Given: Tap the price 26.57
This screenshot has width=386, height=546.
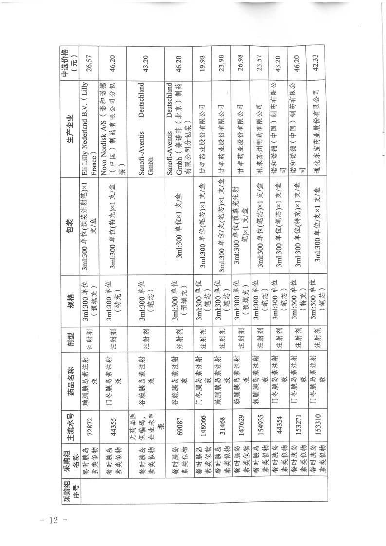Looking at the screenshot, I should [x=89, y=65].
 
